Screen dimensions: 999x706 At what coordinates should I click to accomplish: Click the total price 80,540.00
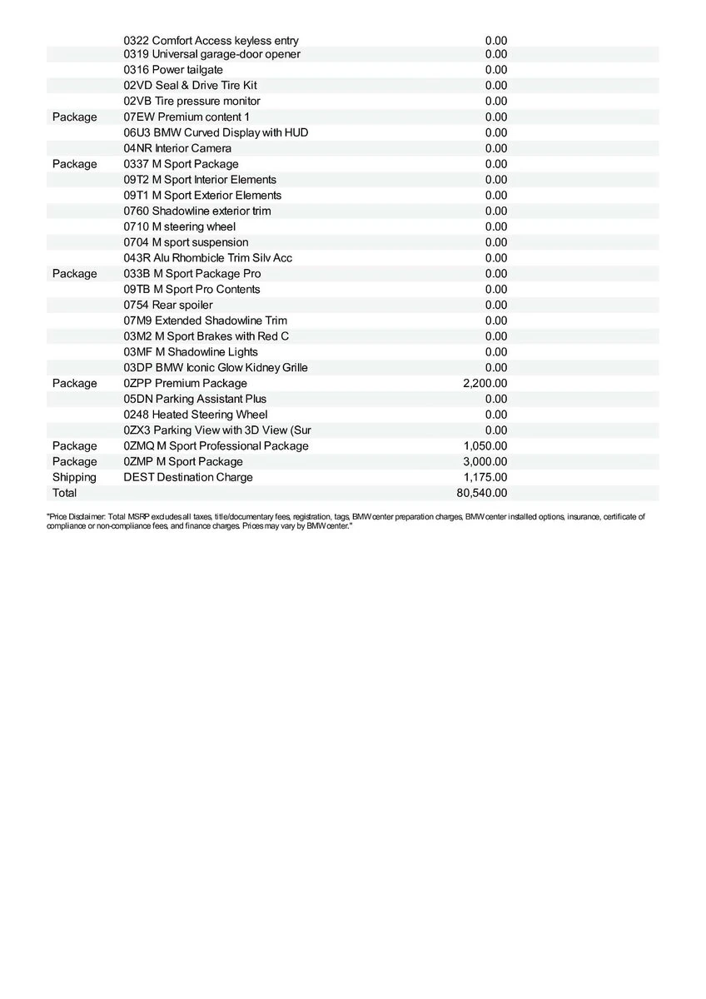pos(482,493)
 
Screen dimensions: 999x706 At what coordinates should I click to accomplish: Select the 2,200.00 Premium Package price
pos(485,383)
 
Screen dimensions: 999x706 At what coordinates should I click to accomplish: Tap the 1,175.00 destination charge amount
pos(485,477)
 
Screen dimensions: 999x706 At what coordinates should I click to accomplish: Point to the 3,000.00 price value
pos(485,461)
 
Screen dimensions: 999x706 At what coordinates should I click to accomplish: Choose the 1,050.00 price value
pos(485,445)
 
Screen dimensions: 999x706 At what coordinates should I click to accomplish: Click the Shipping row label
pos(74,477)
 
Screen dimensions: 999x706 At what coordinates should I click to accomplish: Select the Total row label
pos(64,493)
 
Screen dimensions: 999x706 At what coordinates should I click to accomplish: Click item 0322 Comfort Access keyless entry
pos(211,41)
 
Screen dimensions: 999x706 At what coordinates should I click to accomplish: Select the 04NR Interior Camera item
pos(177,148)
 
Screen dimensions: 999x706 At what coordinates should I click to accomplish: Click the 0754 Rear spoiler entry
pos(167,305)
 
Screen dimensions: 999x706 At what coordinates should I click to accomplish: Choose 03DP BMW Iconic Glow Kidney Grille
pos(216,367)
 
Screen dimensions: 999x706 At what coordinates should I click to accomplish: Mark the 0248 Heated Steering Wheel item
pos(196,415)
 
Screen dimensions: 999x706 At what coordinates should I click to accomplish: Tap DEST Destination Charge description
pos(187,477)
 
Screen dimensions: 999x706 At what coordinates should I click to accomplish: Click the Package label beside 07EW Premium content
pos(74,117)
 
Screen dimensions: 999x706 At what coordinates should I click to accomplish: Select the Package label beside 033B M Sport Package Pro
pos(74,273)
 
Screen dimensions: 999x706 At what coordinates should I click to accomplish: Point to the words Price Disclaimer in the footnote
pos(77,517)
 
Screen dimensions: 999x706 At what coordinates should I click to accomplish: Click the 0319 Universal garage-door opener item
pos(211,54)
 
